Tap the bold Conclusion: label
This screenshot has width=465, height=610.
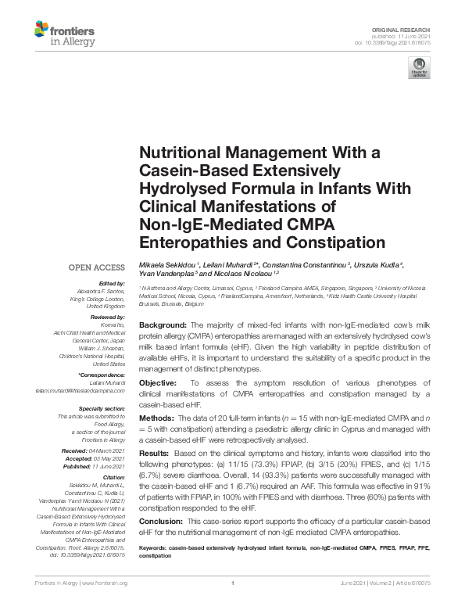[x=162, y=521]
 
